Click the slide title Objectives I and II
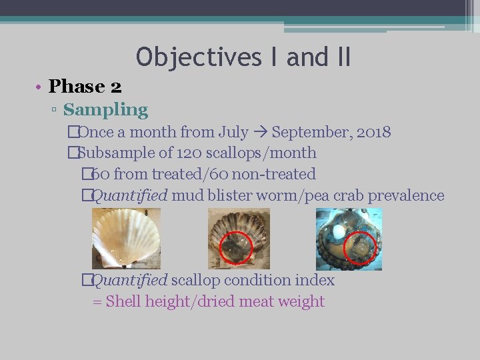tap(243, 57)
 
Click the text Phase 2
tap(85, 87)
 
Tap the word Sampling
tap(105, 109)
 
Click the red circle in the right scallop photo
tap(360, 249)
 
